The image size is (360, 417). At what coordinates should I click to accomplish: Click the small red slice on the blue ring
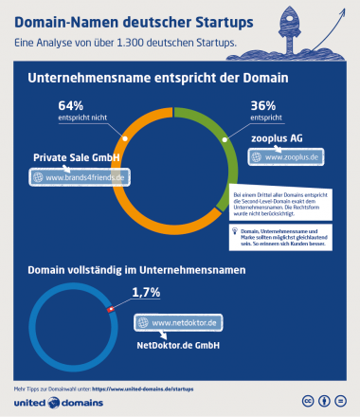pyautogui.click(x=111, y=307)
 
